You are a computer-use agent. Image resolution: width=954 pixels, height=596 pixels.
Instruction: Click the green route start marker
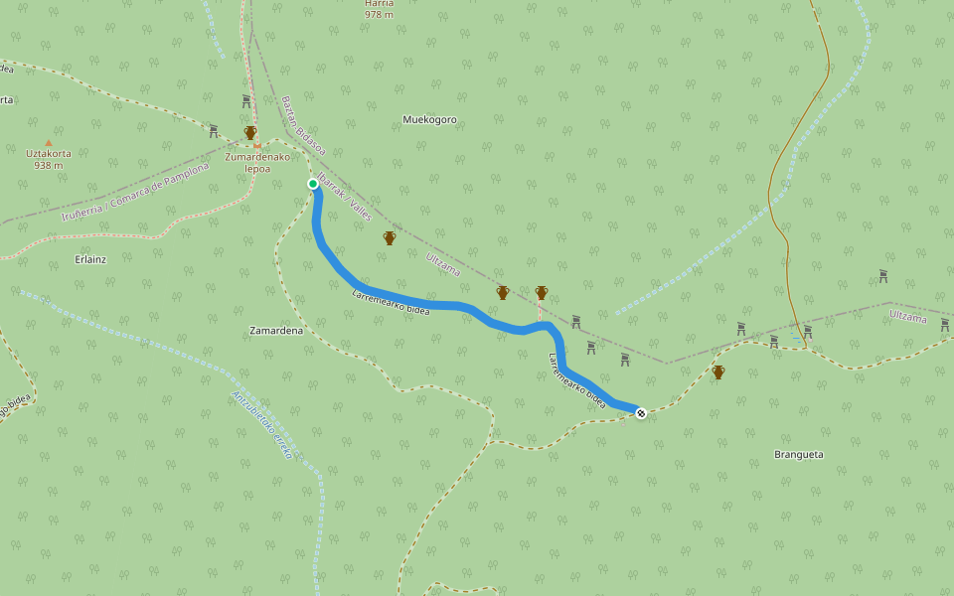tap(313, 184)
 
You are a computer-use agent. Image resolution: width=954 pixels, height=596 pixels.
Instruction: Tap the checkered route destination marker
tap(641, 412)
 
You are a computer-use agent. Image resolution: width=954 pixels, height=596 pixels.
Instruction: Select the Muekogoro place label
tap(429, 120)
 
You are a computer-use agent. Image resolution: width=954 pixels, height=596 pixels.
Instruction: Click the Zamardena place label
tap(276, 330)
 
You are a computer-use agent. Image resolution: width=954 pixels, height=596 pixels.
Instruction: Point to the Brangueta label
tap(798, 454)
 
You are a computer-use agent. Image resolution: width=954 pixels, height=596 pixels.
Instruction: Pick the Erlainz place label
tap(90, 258)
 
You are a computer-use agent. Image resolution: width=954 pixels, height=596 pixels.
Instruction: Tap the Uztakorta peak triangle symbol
tap(48, 142)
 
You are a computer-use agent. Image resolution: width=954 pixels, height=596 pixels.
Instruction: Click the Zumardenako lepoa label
tap(257, 162)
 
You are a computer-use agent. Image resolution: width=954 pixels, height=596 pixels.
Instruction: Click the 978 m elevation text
tap(379, 15)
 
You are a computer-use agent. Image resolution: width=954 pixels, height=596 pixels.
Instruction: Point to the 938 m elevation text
tap(48, 165)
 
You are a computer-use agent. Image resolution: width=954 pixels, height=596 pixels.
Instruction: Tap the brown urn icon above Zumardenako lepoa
tap(250, 133)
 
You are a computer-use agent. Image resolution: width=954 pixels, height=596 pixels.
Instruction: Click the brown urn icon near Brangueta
tap(718, 372)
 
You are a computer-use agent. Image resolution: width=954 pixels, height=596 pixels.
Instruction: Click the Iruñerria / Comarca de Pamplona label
tap(135, 192)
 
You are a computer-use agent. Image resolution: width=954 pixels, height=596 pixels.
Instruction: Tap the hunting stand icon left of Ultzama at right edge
tap(882, 275)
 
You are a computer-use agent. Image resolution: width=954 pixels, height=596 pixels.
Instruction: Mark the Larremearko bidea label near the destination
tap(577, 380)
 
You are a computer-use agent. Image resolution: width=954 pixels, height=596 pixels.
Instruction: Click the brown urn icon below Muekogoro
tap(390, 238)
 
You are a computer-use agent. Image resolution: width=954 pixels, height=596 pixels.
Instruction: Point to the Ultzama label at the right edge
tap(907, 318)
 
